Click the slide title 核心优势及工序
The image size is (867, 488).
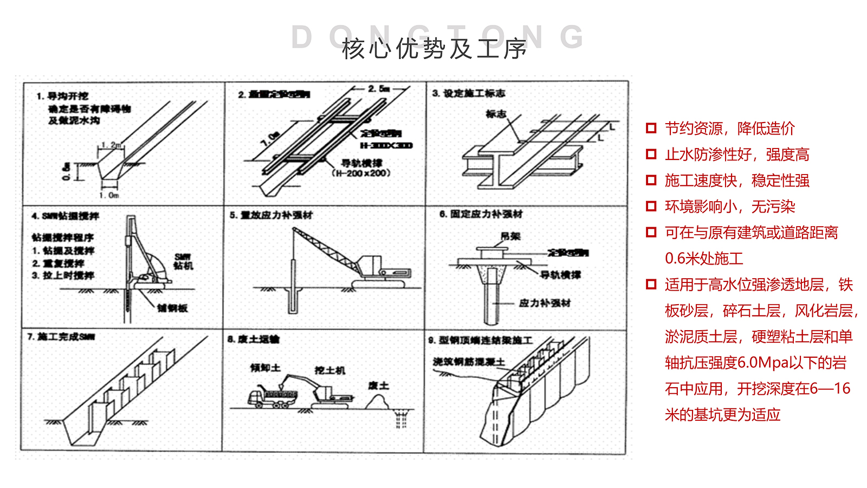(434, 49)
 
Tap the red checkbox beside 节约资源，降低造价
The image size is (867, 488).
(651, 129)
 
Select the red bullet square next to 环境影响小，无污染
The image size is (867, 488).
(651, 207)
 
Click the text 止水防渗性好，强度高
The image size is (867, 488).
(737, 155)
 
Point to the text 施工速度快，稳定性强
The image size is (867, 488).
(737, 181)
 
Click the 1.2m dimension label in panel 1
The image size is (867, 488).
(111, 145)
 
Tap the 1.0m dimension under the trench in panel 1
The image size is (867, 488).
(109, 195)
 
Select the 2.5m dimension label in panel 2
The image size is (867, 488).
(379, 88)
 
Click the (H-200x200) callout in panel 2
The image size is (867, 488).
(361, 174)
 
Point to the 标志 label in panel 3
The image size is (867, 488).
(496, 114)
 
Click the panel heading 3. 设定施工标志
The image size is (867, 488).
(469, 93)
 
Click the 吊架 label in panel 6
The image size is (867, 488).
(510, 236)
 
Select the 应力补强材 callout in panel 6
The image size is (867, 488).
(544, 303)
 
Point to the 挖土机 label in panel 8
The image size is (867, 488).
(329, 370)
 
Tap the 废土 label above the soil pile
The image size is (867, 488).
(378, 386)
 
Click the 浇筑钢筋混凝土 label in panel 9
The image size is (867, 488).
(469, 362)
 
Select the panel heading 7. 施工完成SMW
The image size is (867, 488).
(61, 337)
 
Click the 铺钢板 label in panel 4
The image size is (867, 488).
(172, 308)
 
